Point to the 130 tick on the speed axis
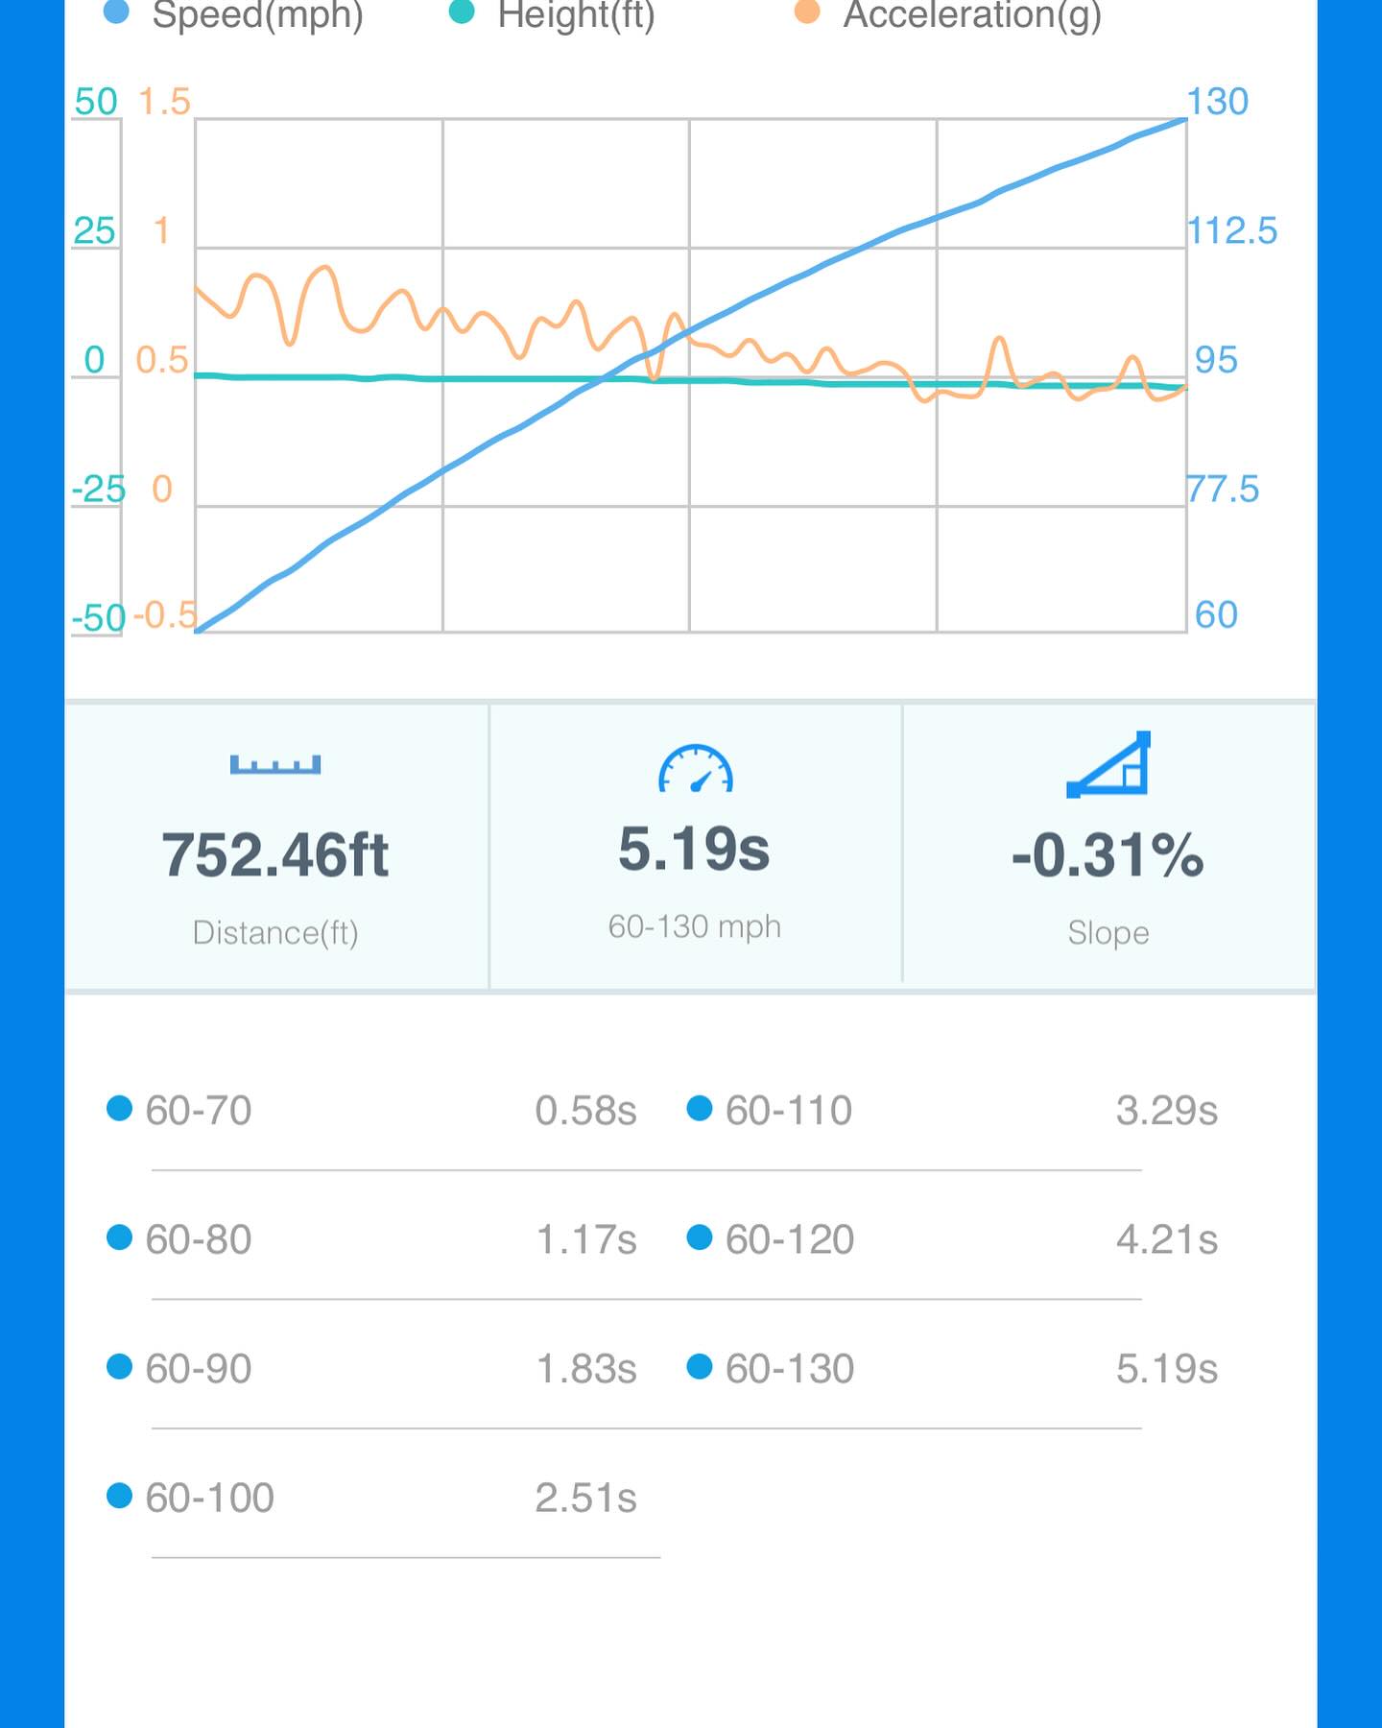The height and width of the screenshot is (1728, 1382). [1217, 102]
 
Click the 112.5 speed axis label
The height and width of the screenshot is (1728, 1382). [1232, 231]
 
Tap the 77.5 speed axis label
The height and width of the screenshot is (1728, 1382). [1223, 490]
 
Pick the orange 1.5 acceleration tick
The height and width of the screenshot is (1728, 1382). [164, 102]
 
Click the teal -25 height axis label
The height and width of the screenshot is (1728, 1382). [99, 490]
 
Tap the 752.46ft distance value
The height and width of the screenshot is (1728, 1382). [275, 854]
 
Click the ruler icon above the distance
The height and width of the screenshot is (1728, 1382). [275, 765]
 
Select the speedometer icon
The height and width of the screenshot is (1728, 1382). [695, 769]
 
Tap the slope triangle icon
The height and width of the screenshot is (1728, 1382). [1108, 765]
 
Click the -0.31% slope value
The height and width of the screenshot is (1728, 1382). [1108, 854]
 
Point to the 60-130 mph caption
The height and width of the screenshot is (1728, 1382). [695, 926]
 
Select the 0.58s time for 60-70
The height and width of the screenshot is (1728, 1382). [585, 1111]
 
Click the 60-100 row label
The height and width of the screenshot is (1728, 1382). [209, 1498]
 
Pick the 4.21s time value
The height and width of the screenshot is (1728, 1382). [1166, 1239]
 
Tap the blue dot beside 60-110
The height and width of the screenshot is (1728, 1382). [700, 1109]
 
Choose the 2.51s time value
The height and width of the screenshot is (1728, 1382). [585, 1498]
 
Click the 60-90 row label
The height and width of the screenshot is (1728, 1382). [198, 1369]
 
